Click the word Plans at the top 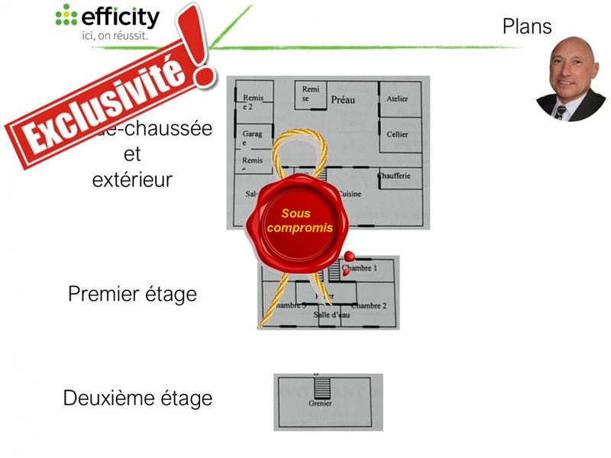[527, 26]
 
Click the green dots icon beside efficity [66, 15]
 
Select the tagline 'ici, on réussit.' [115, 35]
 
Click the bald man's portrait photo [571, 79]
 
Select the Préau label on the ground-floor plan [343, 100]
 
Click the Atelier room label [397, 99]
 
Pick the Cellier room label [397, 134]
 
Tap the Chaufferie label [395, 176]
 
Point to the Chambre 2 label [368, 305]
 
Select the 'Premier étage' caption [132, 294]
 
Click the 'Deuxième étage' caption [137, 398]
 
